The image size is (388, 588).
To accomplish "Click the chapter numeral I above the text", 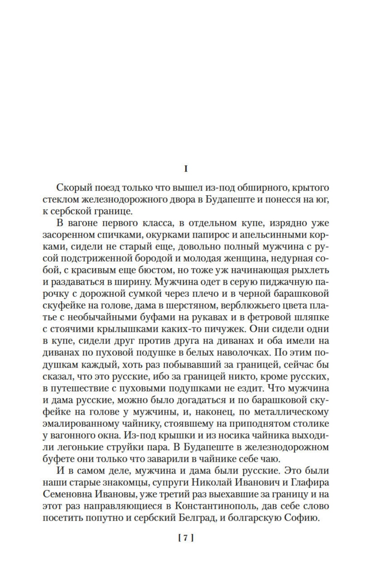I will (x=186, y=169).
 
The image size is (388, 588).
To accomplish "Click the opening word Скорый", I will (x=73, y=188).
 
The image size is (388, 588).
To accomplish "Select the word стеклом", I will (x=60, y=200).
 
